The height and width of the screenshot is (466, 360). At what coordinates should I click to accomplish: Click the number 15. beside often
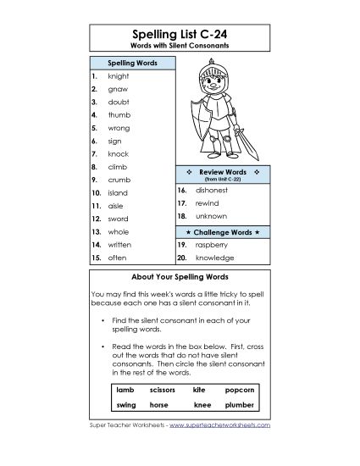pyautogui.click(x=96, y=257)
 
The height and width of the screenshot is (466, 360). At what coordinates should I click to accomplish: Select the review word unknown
pyautogui.click(x=210, y=217)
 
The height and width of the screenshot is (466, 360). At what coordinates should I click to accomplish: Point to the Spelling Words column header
pyautogui.click(x=131, y=64)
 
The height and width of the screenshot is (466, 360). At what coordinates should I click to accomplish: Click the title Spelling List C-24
pyautogui.click(x=180, y=32)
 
